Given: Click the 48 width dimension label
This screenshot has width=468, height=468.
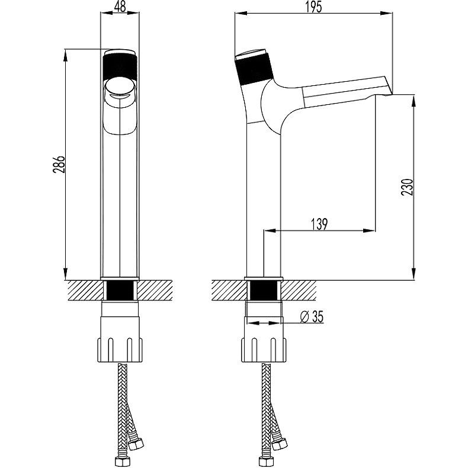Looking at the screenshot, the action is click(x=120, y=7).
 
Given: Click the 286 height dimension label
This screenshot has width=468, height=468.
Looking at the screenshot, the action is click(x=59, y=165).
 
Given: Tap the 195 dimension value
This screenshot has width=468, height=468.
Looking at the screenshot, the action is click(x=314, y=7).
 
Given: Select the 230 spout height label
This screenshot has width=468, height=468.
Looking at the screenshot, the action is click(x=408, y=187).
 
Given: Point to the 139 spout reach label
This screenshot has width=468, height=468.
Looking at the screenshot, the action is click(x=319, y=224).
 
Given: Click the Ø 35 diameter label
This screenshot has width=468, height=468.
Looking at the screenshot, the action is click(x=312, y=317).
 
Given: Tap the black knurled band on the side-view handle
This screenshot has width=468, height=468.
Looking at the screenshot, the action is click(x=254, y=69).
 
